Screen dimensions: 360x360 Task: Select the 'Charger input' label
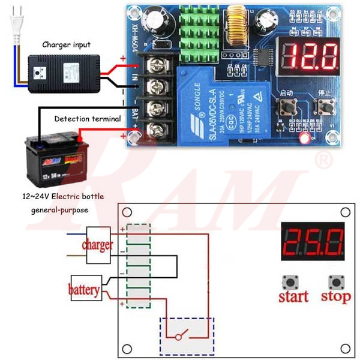click(67, 44)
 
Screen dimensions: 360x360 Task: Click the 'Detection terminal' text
click(88, 119)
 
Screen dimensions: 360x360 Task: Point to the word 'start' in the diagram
click(293, 296)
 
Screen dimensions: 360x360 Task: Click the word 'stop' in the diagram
click(335, 296)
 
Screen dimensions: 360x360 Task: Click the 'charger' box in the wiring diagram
click(98, 244)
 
